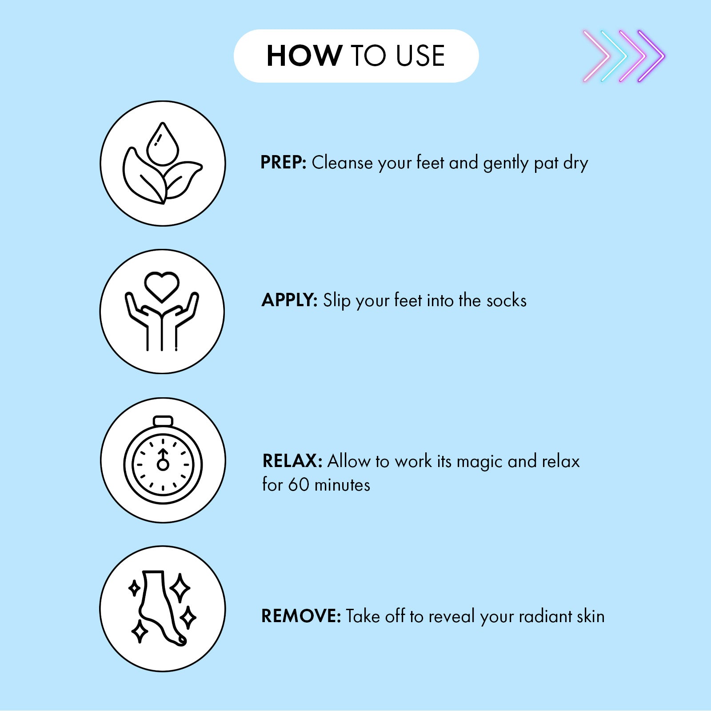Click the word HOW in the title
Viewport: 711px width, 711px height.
(304, 56)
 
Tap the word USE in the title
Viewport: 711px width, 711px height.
(420, 56)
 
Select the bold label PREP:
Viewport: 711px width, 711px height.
(284, 163)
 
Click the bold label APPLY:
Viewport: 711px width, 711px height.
(289, 300)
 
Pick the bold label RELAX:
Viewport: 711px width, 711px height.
(292, 461)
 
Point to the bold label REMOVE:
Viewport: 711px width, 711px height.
(301, 616)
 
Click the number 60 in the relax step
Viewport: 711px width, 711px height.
(299, 485)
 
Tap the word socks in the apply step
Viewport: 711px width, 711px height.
(507, 301)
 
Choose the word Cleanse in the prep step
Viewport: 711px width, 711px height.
(343, 163)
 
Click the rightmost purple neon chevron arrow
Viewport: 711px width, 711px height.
(651, 56)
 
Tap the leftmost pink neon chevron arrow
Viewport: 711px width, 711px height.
(597, 56)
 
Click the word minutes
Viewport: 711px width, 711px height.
(342, 485)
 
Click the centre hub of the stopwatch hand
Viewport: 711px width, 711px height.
(163, 465)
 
